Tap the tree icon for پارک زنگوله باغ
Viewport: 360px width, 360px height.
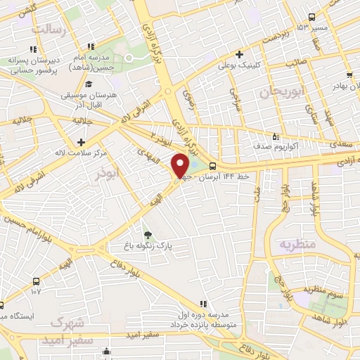(147, 236)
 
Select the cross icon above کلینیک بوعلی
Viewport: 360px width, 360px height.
(239, 53)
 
